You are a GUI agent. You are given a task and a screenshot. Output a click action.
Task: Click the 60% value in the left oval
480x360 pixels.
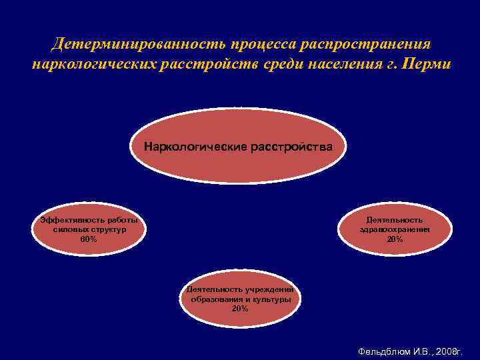[x=88, y=239]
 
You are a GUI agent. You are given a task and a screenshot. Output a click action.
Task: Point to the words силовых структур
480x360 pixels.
[x=89, y=229]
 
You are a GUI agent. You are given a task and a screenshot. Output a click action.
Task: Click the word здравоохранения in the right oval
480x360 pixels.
[x=395, y=229]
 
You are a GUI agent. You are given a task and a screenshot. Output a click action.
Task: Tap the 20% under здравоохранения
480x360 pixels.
[x=395, y=239]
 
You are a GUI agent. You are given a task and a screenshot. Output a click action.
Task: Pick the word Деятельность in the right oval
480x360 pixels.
[x=395, y=220]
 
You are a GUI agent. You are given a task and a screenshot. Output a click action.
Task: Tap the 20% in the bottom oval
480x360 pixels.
[x=240, y=309]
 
